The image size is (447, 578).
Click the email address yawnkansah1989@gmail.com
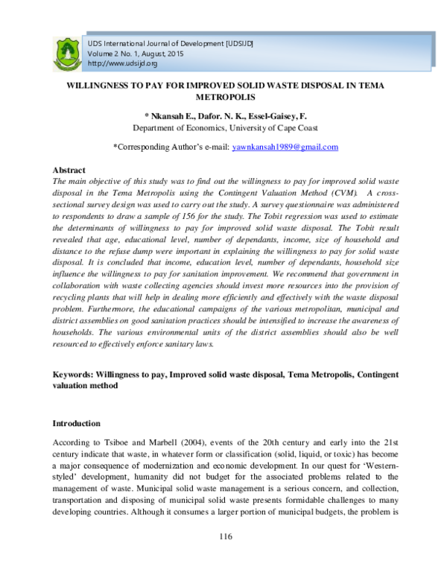[x=274, y=147]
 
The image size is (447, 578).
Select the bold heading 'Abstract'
[x=69, y=171]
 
